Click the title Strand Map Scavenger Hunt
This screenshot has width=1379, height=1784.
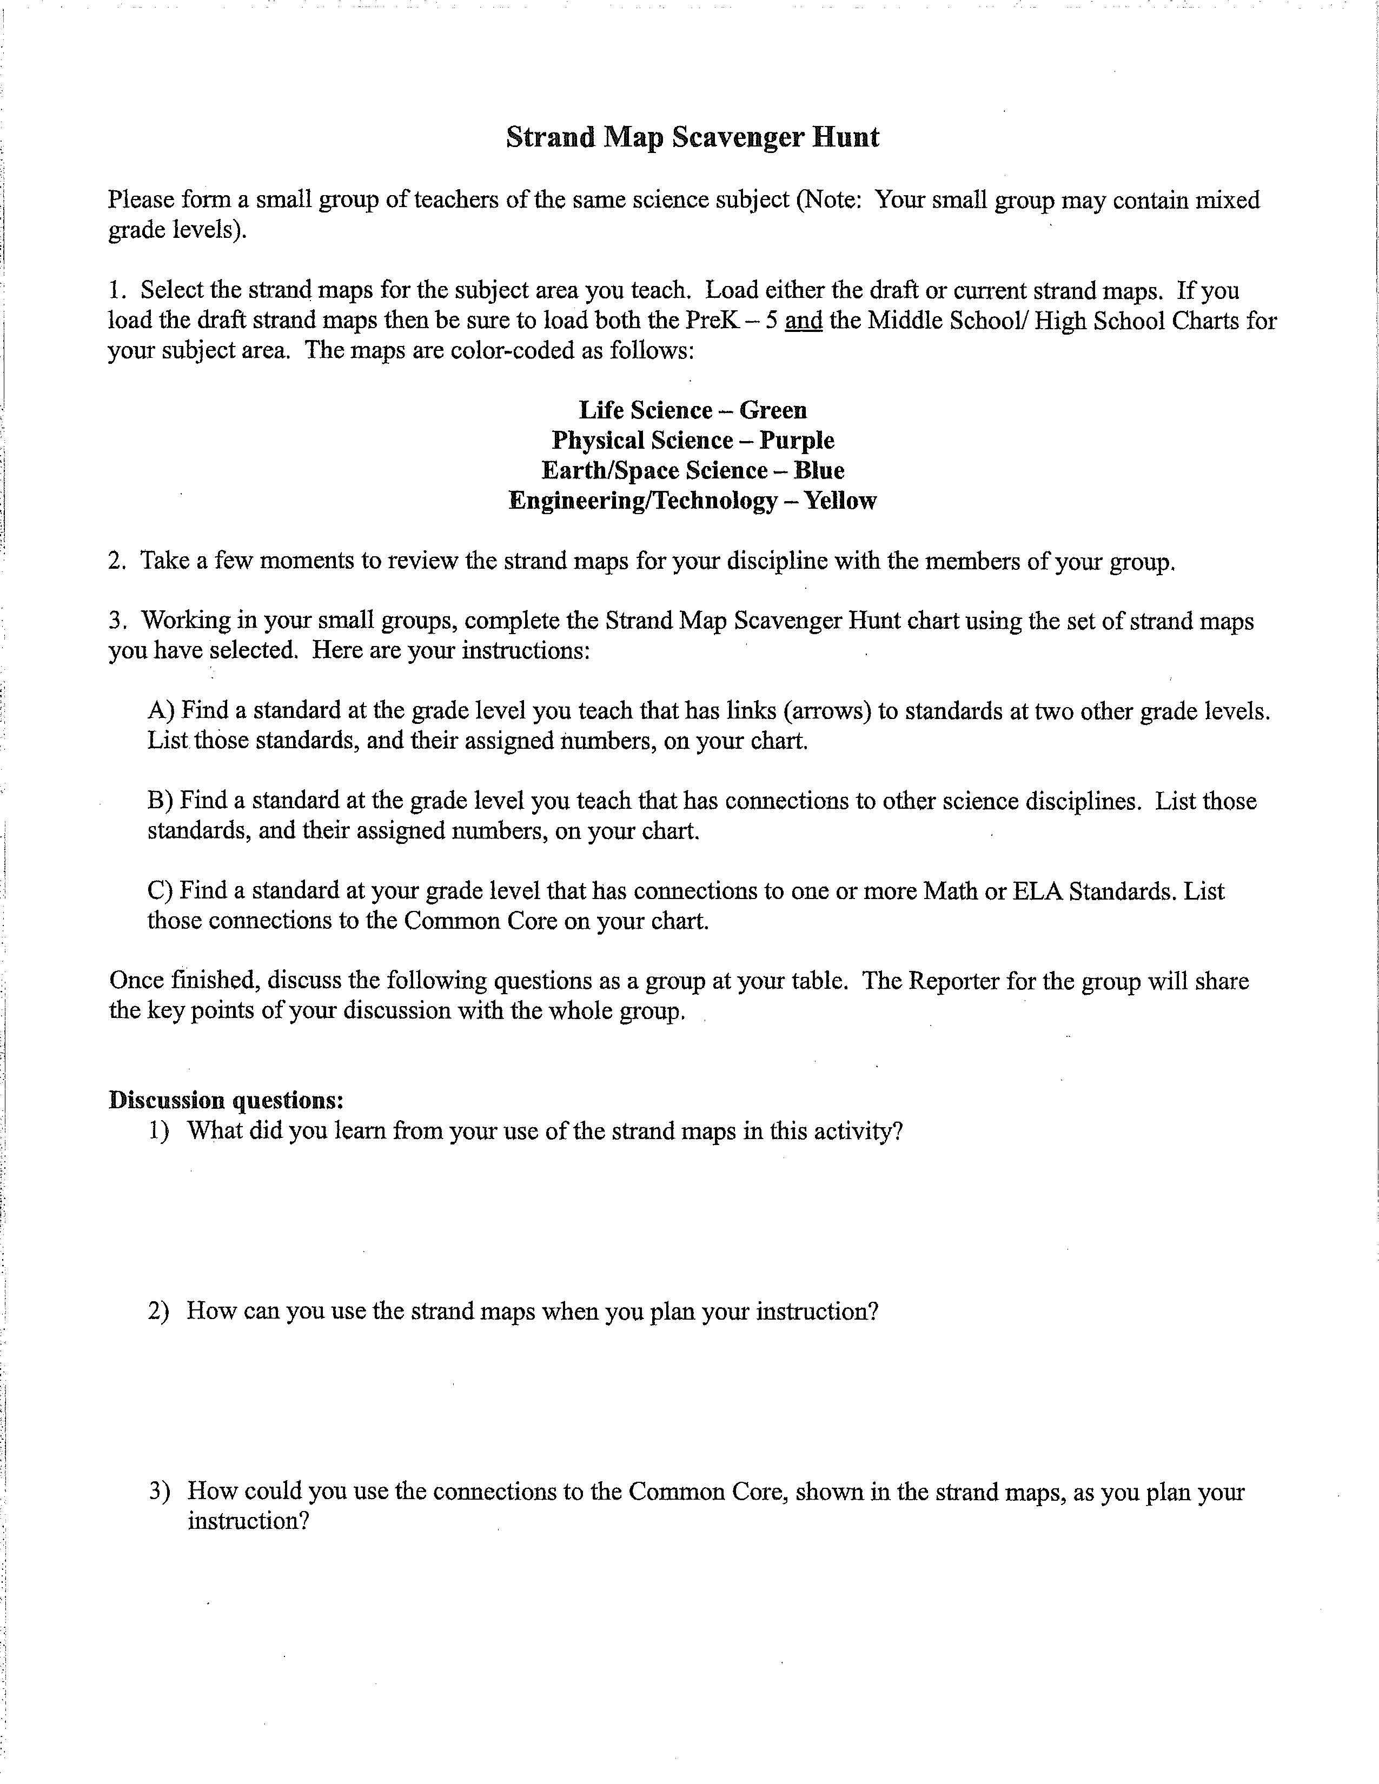(x=692, y=137)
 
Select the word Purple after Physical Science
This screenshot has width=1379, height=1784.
(x=797, y=440)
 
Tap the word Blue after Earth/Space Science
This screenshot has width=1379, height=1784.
(x=819, y=470)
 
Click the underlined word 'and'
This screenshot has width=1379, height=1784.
(x=803, y=320)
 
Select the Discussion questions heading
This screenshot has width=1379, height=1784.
(x=226, y=1100)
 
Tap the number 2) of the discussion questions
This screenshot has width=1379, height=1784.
(x=158, y=1311)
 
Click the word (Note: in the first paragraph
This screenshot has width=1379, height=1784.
(x=828, y=200)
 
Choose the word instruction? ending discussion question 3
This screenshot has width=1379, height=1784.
(x=248, y=1521)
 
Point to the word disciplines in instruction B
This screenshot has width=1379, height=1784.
(x=1083, y=801)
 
